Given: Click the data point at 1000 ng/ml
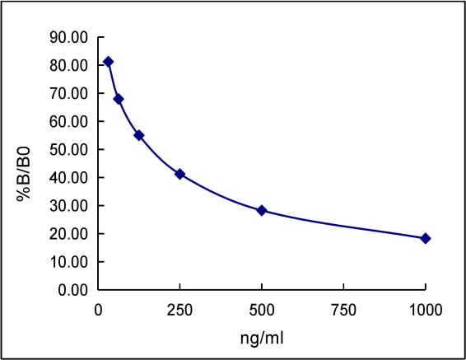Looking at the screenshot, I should pyautogui.click(x=426, y=238).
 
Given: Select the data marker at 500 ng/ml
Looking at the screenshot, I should pyautogui.click(x=262, y=210).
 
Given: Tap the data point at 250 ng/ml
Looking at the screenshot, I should pyautogui.click(x=179, y=174).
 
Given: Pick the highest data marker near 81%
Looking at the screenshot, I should pyautogui.click(x=108, y=62).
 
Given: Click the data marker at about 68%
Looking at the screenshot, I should pyautogui.click(x=119, y=99).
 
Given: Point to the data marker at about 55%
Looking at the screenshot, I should pyautogui.click(x=139, y=135).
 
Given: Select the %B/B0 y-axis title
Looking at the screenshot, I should pyautogui.click(x=26, y=164).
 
